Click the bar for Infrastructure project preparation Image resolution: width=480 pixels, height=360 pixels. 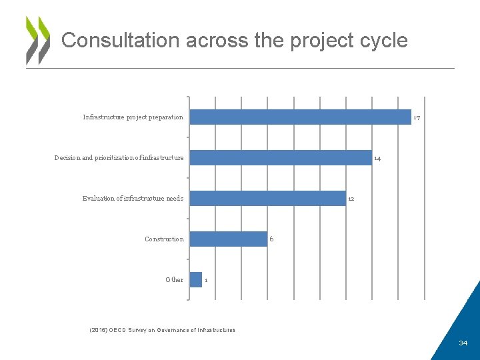[300, 117]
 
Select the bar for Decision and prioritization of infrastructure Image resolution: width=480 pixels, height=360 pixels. [280, 158]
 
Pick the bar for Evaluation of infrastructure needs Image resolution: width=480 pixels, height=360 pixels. [267, 199]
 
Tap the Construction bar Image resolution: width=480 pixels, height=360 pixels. [229, 239]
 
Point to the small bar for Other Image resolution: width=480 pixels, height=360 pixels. [196, 280]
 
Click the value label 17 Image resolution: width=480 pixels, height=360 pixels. [417, 118]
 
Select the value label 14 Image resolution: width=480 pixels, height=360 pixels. [377, 159]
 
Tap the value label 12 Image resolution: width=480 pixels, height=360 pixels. [351, 199]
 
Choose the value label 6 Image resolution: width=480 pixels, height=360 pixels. [271, 239]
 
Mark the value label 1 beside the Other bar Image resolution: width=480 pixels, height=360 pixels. [207, 281]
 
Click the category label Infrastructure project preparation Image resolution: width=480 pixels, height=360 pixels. [133, 117]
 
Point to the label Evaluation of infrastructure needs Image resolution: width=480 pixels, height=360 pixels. [133, 199]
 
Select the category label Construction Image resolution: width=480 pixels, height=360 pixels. [164, 239]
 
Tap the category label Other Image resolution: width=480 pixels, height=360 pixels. [174, 280]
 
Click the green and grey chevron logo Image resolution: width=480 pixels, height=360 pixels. [38, 40]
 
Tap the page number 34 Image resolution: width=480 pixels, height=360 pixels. [463, 343]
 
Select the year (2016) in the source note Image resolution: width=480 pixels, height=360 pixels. [97, 330]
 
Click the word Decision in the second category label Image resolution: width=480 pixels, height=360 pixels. [67, 158]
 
